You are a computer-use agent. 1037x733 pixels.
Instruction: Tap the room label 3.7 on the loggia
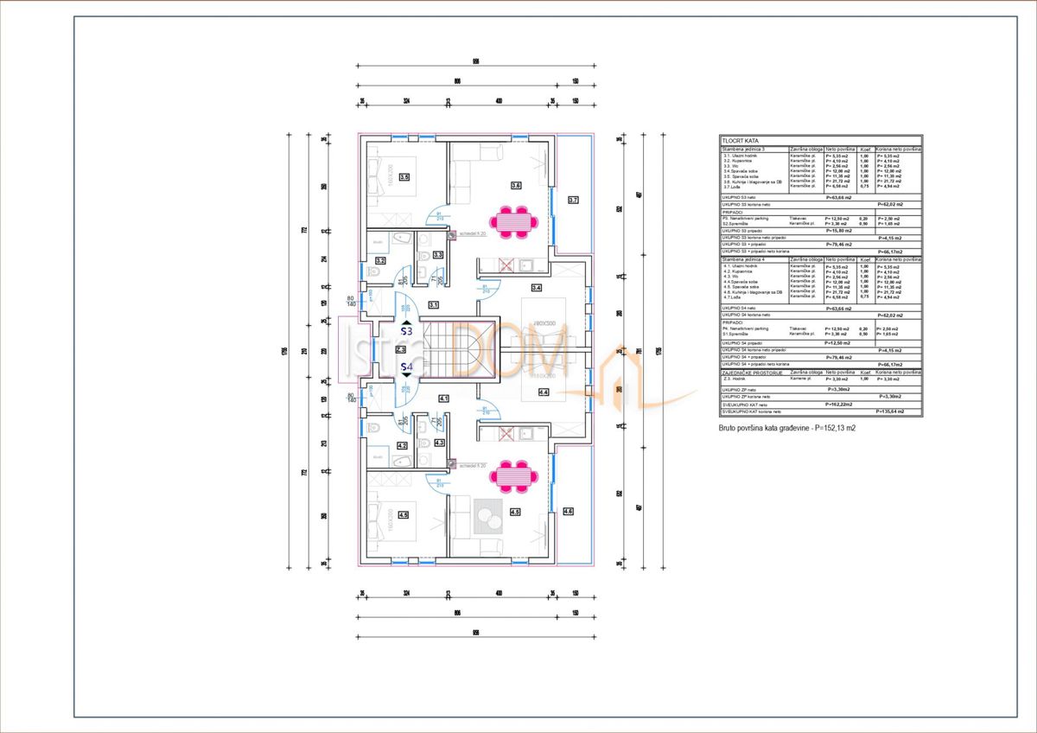[573, 200]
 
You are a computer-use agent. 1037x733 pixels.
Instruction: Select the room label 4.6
[568, 512]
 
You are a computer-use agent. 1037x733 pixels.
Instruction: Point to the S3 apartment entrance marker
[406, 331]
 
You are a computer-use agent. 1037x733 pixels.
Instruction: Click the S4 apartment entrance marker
[406, 367]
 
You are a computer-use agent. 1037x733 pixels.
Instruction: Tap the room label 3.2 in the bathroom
[380, 260]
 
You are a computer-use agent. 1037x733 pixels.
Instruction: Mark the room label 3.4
[536, 287]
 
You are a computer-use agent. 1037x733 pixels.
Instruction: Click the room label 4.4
[544, 392]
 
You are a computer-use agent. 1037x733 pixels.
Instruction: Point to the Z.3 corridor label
[401, 349]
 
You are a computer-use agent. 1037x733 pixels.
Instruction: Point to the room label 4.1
[443, 398]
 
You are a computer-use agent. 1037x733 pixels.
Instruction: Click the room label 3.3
[438, 255]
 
